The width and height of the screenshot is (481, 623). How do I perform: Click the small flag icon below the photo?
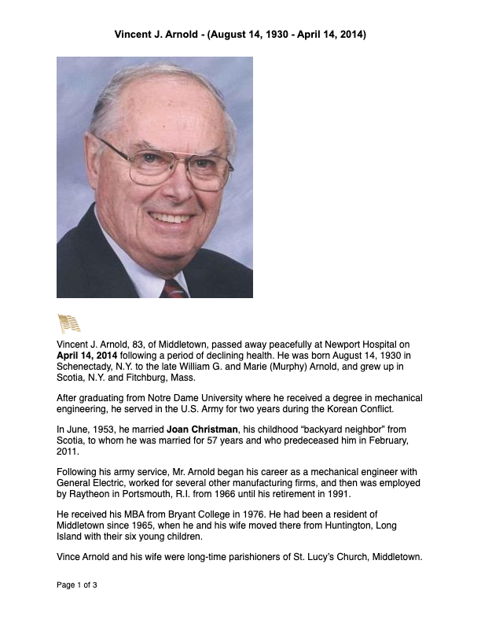click(69, 323)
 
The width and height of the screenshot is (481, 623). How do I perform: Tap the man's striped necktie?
click(174, 288)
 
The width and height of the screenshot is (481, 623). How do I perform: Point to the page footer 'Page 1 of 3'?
click(76, 586)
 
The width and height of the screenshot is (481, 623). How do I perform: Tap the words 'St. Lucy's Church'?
click(308, 558)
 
